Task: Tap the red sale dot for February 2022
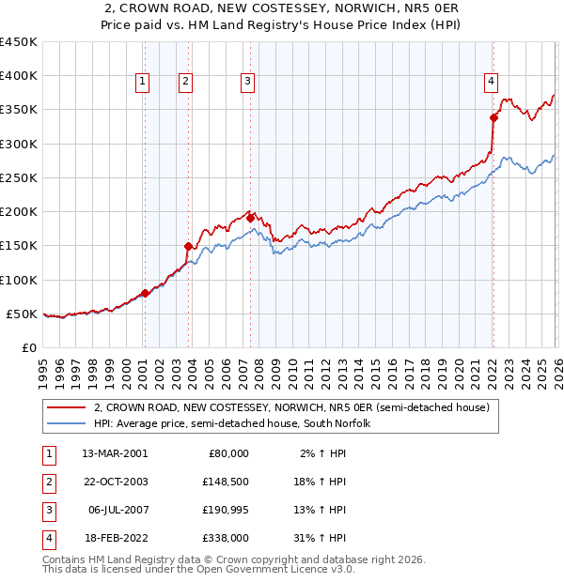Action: pyautogui.click(x=493, y=118)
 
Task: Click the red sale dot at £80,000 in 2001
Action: pyautogui.click(x=145, y=293)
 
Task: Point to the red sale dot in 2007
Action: pyautogui.click(x=250, y=218)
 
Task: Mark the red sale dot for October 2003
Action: pyautogui.click(x=188, y=247)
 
